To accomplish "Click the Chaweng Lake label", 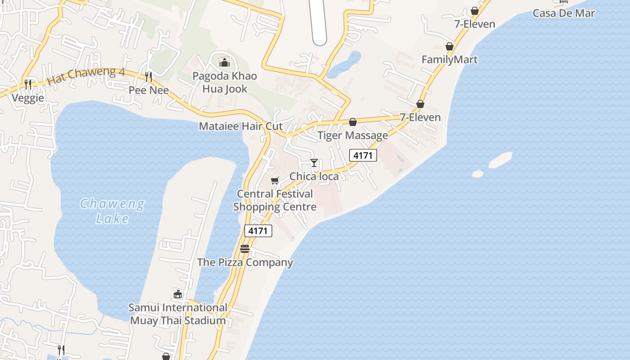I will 112,211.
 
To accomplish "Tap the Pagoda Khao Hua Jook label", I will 225,82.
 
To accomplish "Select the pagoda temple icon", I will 224,62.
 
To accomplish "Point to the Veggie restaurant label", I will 28,98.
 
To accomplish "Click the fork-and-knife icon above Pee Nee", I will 149,77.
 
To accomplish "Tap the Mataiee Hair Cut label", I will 241,126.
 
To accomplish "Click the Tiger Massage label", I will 353,135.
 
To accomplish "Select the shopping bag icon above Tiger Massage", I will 353,122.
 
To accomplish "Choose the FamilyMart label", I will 450,59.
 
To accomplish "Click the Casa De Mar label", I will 564,13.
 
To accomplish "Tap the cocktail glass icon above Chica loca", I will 314,163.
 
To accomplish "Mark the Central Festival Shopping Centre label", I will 274,200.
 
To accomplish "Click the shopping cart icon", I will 274,180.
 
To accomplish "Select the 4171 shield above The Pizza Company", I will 258,231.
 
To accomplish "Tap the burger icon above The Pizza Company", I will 245,249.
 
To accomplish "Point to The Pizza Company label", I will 245,262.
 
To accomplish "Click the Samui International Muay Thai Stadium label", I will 178,314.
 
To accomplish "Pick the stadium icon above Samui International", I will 178,294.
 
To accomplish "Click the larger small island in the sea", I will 500,160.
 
